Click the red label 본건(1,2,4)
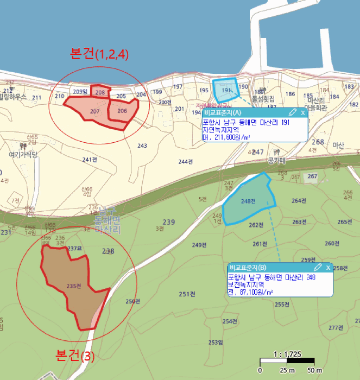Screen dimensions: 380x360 pos(99,54)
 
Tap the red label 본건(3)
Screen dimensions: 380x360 pos(75,356)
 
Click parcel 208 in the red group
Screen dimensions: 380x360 pos(100,92)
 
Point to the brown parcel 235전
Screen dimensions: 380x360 pos(72,286)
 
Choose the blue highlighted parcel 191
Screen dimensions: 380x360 pos(227,89)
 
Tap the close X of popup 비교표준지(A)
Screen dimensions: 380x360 pos(303,112)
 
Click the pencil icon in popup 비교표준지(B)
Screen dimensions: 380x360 pos(318,268)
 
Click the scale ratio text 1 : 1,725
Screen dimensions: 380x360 pos(287,354)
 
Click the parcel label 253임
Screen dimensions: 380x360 pos(215,342)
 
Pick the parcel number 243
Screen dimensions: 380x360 pos(142,145)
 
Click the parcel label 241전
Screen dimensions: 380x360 pos(90,160)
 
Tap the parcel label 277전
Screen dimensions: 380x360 pos(336,328)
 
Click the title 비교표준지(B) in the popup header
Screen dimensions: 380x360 pos(248,268)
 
